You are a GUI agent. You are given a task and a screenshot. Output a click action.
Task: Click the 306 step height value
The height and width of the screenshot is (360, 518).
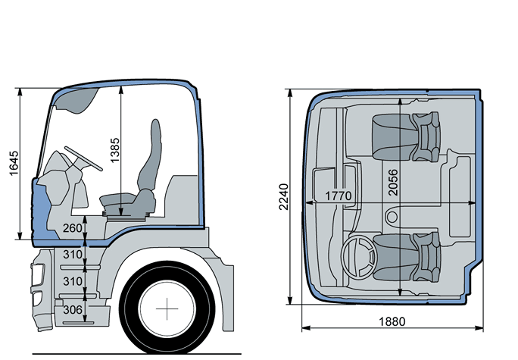tap(72, 309)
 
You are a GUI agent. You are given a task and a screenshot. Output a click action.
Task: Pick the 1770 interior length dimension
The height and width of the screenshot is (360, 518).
tap(339, 196)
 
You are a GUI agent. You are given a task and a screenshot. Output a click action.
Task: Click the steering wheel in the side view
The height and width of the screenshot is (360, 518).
tap(83, 158)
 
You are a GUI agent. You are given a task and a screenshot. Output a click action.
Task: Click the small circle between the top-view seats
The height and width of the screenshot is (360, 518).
tap(392, 217)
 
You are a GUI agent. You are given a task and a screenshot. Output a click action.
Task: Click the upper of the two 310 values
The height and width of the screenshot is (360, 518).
tap(72, 255)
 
